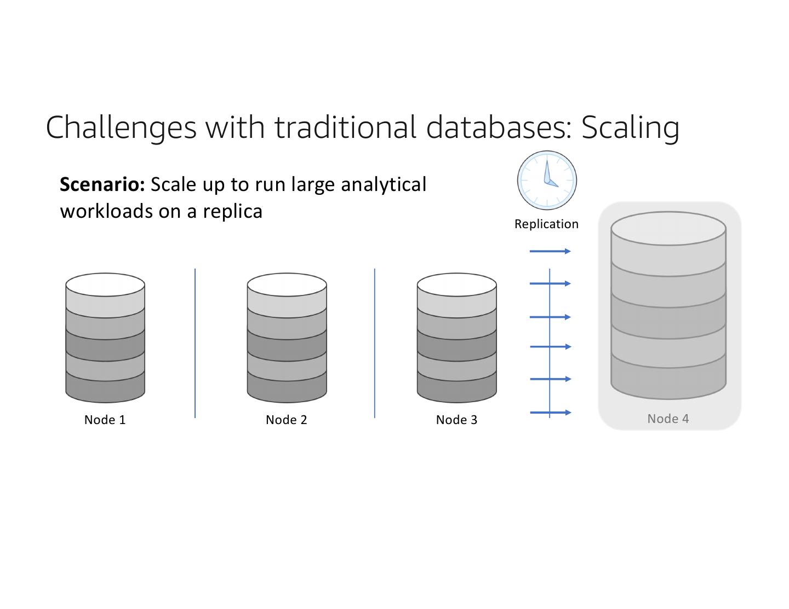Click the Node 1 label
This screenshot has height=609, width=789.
(105, 420)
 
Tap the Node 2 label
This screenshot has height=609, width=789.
(286, 420)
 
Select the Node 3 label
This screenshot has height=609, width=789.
(456, 420)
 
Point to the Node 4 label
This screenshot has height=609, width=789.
(668, 419)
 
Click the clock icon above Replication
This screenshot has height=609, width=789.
(547, 180)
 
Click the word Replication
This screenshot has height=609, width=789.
(546, 224)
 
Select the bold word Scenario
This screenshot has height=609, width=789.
(102, 184)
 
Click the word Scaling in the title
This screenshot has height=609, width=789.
(630, 127)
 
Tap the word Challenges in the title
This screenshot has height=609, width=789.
(121, 127)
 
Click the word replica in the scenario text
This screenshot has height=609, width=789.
(232, 211)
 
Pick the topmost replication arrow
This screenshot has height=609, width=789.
(550, 251)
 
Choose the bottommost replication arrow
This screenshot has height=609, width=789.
(550, 413)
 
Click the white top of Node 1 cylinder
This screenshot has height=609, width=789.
(105, 285)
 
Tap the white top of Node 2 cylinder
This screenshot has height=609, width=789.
(287, 285)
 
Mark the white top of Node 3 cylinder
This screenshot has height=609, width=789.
(456, 285)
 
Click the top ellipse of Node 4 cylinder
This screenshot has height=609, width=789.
(668, 228)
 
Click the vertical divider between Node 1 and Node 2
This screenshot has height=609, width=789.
(195, 343)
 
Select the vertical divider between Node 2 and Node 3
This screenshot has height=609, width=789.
(375, 343)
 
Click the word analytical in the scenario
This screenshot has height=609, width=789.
(384, 184)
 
